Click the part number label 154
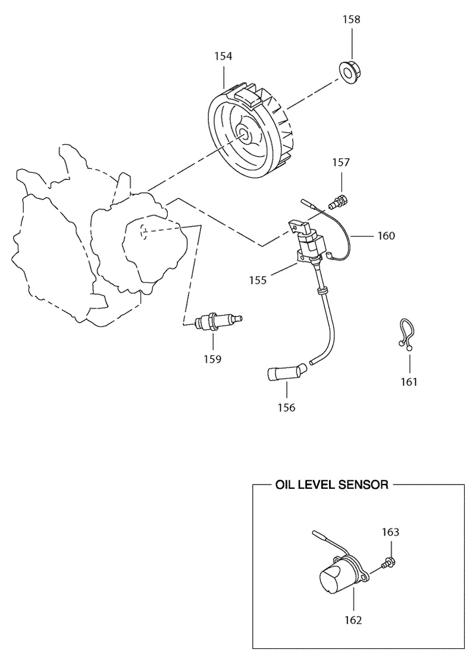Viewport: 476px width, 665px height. [223, 56]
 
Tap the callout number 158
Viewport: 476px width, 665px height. [352, 20]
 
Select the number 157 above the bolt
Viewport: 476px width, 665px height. [341, 163]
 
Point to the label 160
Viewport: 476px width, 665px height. [386, 236]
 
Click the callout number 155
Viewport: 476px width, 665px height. [258, 280]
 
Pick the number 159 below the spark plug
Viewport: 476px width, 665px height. [212, 359]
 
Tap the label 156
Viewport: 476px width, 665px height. [286, 408]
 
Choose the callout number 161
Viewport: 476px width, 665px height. [409, 382]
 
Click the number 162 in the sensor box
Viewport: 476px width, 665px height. [353, 620]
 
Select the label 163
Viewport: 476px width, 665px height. [390, 532]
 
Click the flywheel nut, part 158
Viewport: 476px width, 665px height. [348, 73]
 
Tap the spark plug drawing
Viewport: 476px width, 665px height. [218, 321]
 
